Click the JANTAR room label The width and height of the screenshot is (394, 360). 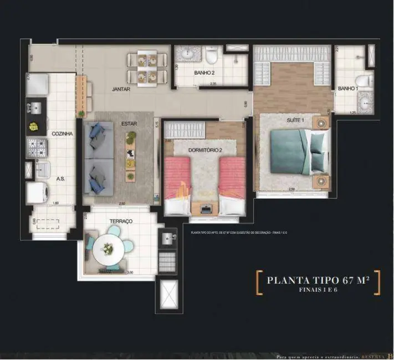[121, 89]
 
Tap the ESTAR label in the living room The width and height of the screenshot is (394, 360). [129, 124]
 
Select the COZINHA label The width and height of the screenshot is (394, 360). [62, 133]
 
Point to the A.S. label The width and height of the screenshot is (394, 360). [61, 179]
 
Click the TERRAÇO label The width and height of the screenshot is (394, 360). [121, 221]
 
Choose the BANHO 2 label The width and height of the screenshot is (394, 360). [204, 73]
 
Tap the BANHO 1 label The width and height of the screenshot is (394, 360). [347, 89]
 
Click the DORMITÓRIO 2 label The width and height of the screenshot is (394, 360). [206, 150]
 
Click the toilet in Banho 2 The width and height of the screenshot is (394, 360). [212, 56]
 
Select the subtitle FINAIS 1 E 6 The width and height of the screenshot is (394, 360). [318, 289]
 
